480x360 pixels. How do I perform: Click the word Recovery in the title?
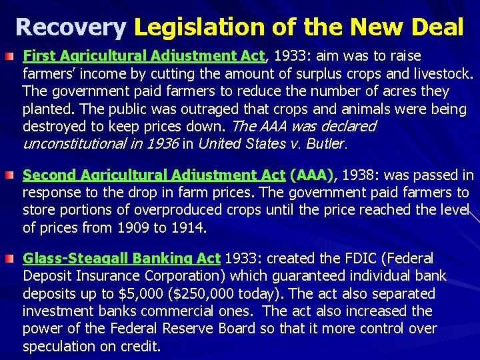[x=70, y=27]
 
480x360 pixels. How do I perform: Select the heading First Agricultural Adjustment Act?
[x=144, y=56]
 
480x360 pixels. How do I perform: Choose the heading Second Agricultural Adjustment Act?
[x=154, y=175]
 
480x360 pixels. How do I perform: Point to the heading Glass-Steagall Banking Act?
[x=121, y=259]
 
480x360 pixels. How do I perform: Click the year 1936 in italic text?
[x=163, y=143]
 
